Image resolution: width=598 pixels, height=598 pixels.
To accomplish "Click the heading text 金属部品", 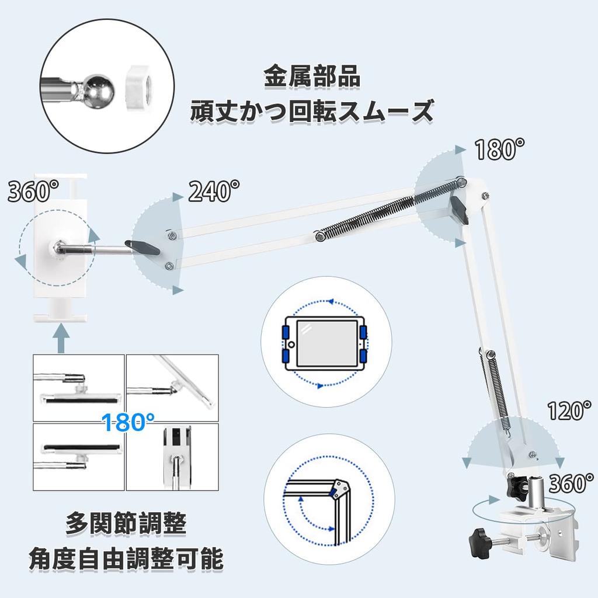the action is coord(312,77).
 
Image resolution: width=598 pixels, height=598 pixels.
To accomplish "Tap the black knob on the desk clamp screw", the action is coord(478,540).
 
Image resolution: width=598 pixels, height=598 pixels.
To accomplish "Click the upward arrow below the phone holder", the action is coord(61,338).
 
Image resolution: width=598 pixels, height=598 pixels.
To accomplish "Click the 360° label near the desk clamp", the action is coord(571,483).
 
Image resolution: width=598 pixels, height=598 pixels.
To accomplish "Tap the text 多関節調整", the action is coord(126,523).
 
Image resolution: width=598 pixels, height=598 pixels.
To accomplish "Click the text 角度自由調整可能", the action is coord(126,559).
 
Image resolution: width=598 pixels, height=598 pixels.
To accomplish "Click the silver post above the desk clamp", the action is coord(531,492).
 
